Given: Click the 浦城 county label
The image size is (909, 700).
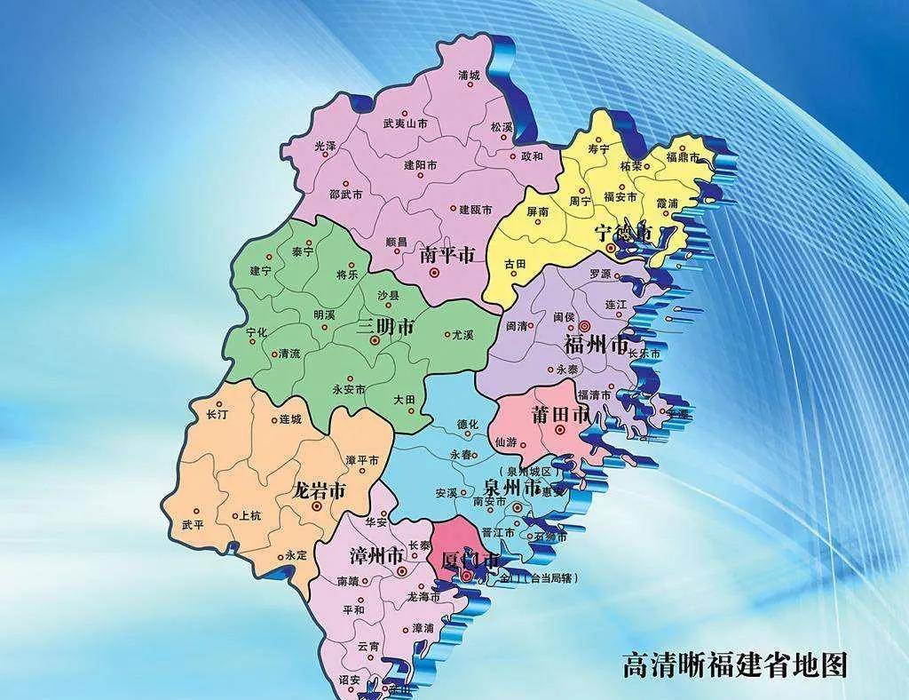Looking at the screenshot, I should point(469,76).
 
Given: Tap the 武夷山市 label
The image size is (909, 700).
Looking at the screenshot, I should point(405,124).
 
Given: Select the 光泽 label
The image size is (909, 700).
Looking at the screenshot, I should point(326,145).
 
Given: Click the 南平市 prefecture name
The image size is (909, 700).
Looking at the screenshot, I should point(447,255).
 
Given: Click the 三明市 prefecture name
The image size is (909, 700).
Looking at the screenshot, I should point(385,327).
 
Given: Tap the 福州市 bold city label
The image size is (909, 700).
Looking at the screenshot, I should point(597,343).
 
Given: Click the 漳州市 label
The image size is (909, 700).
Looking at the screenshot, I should point(372,556).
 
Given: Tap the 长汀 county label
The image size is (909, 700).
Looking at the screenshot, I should point(217,415).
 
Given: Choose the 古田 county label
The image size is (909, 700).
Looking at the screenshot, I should point(515,264).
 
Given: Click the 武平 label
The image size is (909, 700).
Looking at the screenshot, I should point(193,525).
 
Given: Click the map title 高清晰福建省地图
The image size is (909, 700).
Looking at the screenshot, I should point(734,664).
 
